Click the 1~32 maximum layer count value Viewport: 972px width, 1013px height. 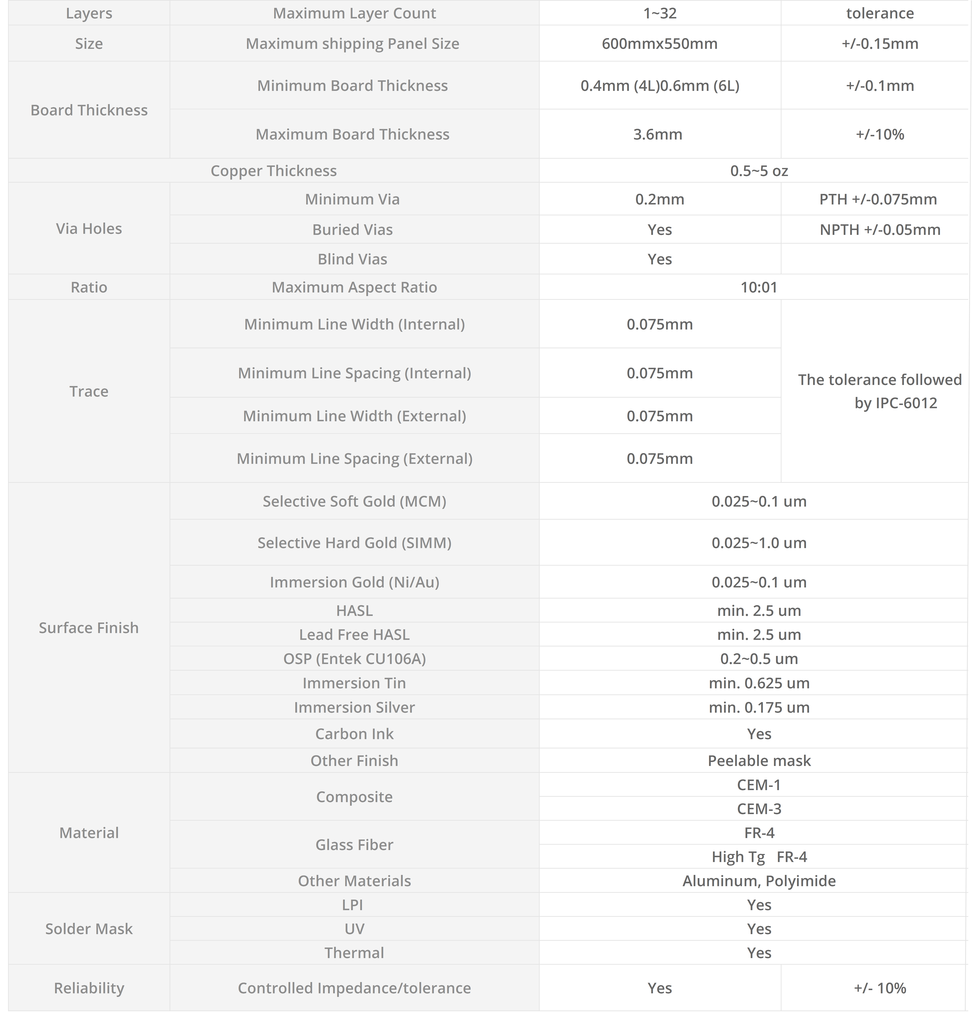coord(659,13)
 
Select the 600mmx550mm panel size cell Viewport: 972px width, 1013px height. coord(659,43)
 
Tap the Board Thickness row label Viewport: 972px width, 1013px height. coord(89,110)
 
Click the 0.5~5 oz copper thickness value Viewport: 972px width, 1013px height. coord(759,170)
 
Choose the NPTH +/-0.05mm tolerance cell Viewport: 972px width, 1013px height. coord(880,230)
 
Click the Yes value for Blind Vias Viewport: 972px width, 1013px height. coord(659,259)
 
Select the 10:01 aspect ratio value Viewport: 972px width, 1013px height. coord(759,287)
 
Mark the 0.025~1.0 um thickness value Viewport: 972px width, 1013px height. coord(759,543)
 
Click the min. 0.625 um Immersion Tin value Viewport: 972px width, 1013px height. coord(759,683)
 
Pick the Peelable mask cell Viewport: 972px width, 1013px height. coord(759,760)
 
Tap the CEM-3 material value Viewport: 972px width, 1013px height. coord(759,808)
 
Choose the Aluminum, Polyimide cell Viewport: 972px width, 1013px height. coord(759,881)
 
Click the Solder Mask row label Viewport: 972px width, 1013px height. coord(89,929)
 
